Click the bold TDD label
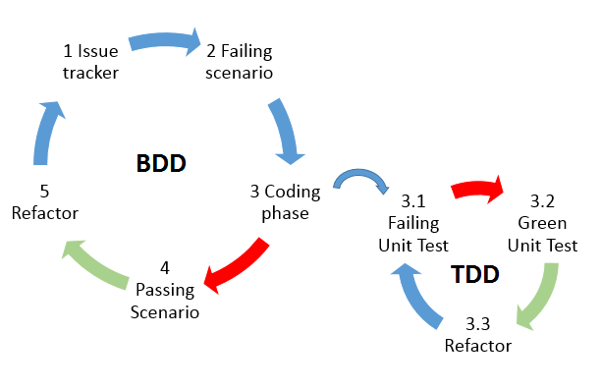(x=476, y=274)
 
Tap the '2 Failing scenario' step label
(x=238, y=60)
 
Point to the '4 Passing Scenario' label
(x=165, y=290)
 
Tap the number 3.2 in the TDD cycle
(x=543, y=200)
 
